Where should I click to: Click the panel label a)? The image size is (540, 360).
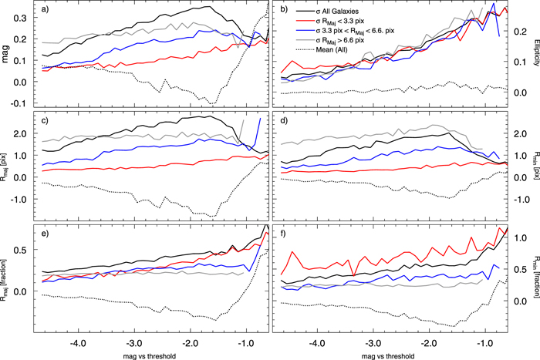[x=47, y=9]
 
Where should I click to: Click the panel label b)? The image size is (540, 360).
[x=285, y=9]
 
